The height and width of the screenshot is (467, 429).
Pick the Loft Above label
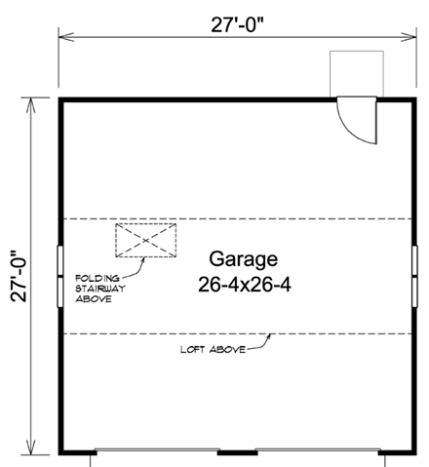tap(211, 348)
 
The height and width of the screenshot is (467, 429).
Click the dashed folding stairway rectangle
tap(145, 240)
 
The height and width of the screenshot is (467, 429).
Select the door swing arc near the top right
tap(363, 124)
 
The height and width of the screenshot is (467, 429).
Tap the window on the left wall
tap(60, 276)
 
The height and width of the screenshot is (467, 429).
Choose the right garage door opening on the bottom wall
tap(317, 452)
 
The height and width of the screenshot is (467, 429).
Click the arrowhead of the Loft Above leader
tap(272, 334)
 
